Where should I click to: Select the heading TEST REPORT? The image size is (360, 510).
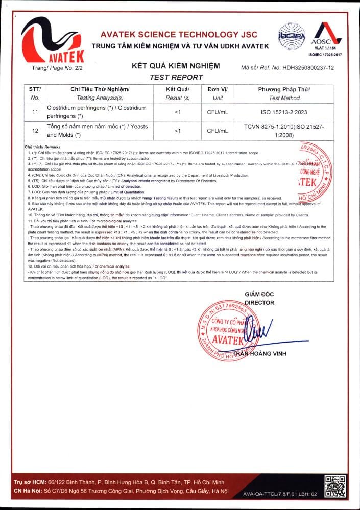tap(176, 77)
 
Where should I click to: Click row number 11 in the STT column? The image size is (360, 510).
tap(35, 112)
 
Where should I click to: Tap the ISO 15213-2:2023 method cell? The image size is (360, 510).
tap(284, 112)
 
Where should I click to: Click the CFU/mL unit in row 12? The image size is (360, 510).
tap(218, 131)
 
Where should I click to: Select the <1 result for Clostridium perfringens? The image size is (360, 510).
tap(177, 112)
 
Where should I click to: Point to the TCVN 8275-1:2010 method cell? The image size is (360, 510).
tap(284, 131)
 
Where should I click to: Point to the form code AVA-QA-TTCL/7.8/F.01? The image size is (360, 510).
tap(280, 494)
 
